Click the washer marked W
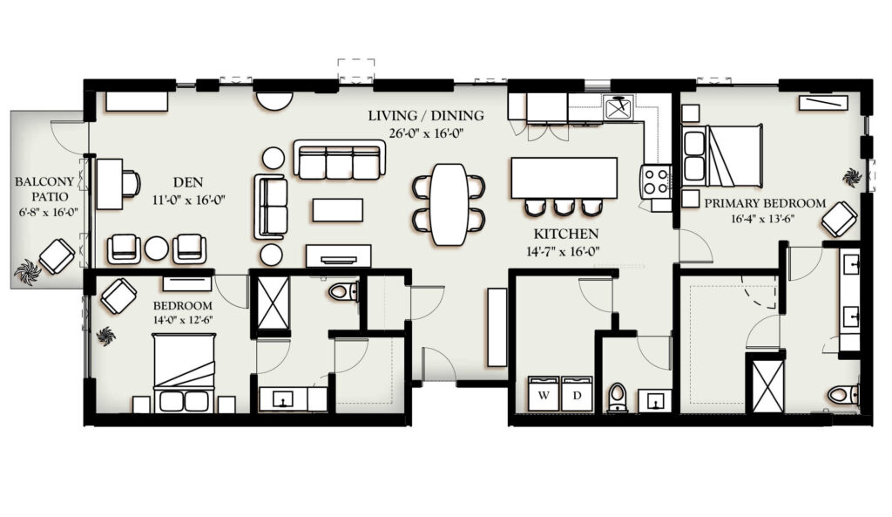544,393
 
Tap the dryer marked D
577,393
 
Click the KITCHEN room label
565,234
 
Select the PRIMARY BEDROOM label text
765,203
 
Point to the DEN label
188,182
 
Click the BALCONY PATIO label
44,189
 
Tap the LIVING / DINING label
425,116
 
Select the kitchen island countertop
564,178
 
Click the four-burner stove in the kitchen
655,180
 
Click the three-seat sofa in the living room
340,160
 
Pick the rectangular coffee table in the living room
337,209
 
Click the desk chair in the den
131,184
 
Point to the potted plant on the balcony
27,271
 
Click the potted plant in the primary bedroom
852,176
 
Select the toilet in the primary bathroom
843,394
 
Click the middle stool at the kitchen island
564,207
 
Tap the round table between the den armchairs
156,248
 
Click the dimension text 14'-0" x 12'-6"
183,320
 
